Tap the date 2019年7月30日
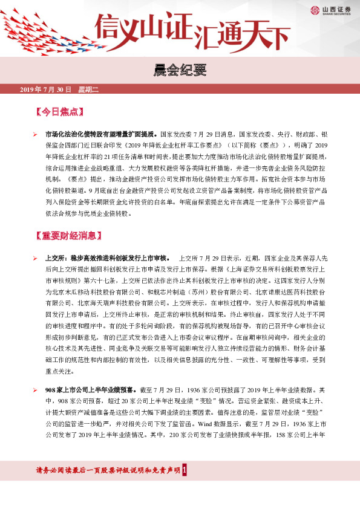pos(45,90)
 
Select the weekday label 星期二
pos(88,90)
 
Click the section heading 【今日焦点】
pos(59,112)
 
